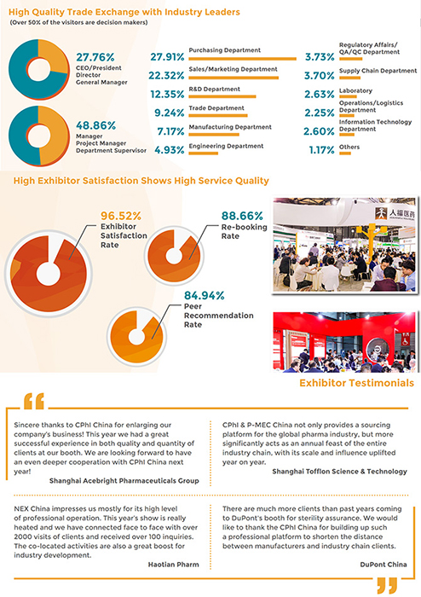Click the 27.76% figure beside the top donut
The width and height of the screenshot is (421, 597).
[x=95, y=57]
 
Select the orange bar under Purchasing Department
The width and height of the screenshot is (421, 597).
[x=242, y=59]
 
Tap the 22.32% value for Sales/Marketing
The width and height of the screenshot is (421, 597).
[x=166, y=75]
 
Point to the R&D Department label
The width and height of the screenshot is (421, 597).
[x=214, y=89]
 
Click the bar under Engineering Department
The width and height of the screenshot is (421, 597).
[x=203, y=154]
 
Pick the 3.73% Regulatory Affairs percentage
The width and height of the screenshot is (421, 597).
[x=320, y=57]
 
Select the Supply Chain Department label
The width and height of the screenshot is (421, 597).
[x=378, y=71]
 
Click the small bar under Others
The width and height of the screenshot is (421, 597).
[x=345, y=154]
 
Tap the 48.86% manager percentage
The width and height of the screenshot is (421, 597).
[x=95, y=125]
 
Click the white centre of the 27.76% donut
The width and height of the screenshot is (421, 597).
[x=37, y=70]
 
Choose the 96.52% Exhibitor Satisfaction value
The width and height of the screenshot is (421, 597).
[x=120, y=216]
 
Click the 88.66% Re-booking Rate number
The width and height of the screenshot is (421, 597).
[x=242, y=216]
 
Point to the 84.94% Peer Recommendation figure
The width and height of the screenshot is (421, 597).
[x=205, y=295]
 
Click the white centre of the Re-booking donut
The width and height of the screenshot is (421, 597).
[x=174, y=256]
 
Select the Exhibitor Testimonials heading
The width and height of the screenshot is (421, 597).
[x=356, y=383]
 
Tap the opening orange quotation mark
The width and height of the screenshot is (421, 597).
[x=34, y=402]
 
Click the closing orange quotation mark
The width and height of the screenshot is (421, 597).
[x=387, y=585]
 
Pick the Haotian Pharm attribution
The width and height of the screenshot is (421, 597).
[x=173, y=565]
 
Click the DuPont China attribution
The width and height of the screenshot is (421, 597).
[x=384, y=565]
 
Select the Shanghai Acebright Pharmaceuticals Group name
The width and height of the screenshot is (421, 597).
[x=124, y=481]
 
